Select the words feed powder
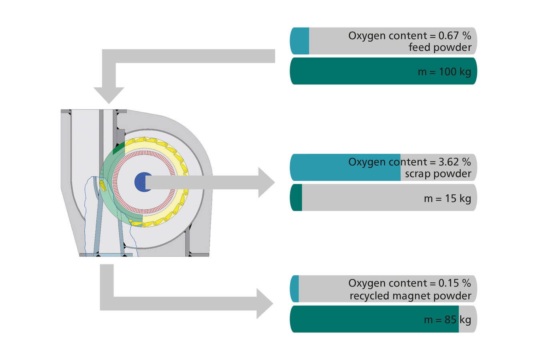coord(440,48)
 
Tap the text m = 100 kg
coord(444,72)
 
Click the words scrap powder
coord(438,174)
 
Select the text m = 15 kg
coord(447,198)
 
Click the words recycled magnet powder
coord(410,296)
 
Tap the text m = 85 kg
coord(447,320)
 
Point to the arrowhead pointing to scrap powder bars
coord(266,182)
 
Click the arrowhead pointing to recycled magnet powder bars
coord(265,304)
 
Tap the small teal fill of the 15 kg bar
coord(296,198)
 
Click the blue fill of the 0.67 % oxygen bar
coord(300,41)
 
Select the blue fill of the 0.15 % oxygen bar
coord(295,289)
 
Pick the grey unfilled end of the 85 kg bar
coord(467,319)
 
